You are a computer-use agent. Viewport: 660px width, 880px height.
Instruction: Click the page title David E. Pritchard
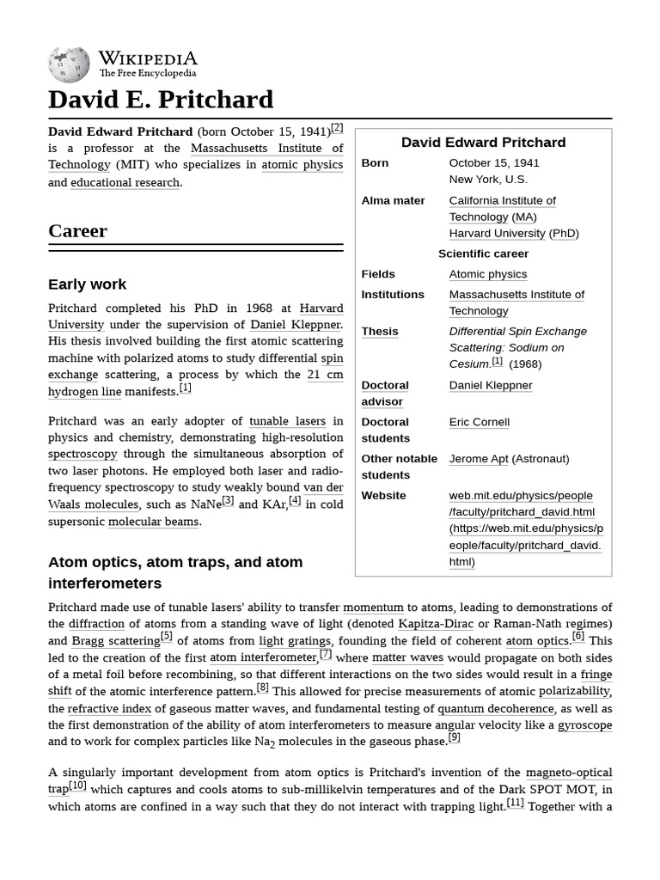click(x=161, y=100)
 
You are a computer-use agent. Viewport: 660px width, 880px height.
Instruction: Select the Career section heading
click(x=78, y=230)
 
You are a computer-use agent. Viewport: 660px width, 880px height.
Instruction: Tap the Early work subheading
click(x=87, y=284)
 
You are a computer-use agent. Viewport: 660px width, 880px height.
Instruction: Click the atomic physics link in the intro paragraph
click(x=302, y=165)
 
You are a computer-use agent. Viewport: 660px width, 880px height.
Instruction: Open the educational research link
click(x=125, y=182)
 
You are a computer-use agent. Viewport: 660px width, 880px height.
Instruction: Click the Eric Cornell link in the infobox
click(x=479, y=422)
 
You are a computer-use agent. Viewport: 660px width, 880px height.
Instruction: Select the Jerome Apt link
click(x=479, y=459)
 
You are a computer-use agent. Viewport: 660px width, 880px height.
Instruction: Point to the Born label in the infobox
click(x=375, y=162)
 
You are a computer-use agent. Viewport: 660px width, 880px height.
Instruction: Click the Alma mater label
click(x=393, y=200)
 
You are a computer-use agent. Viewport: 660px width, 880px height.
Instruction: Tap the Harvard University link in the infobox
click(x=497, y=233)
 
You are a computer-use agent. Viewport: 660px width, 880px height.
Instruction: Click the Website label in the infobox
click(x=383, y=495)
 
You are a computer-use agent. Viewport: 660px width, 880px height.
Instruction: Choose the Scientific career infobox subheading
click(x=483, y=254)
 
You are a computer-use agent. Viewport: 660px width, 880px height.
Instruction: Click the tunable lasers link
click(x=287, y=421)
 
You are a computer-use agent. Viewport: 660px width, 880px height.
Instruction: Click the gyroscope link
click(x=584, y=725)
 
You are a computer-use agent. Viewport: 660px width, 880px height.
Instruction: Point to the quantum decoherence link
click(x=495, y=709)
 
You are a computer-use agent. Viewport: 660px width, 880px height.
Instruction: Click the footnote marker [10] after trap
click(x=77, y=785)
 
